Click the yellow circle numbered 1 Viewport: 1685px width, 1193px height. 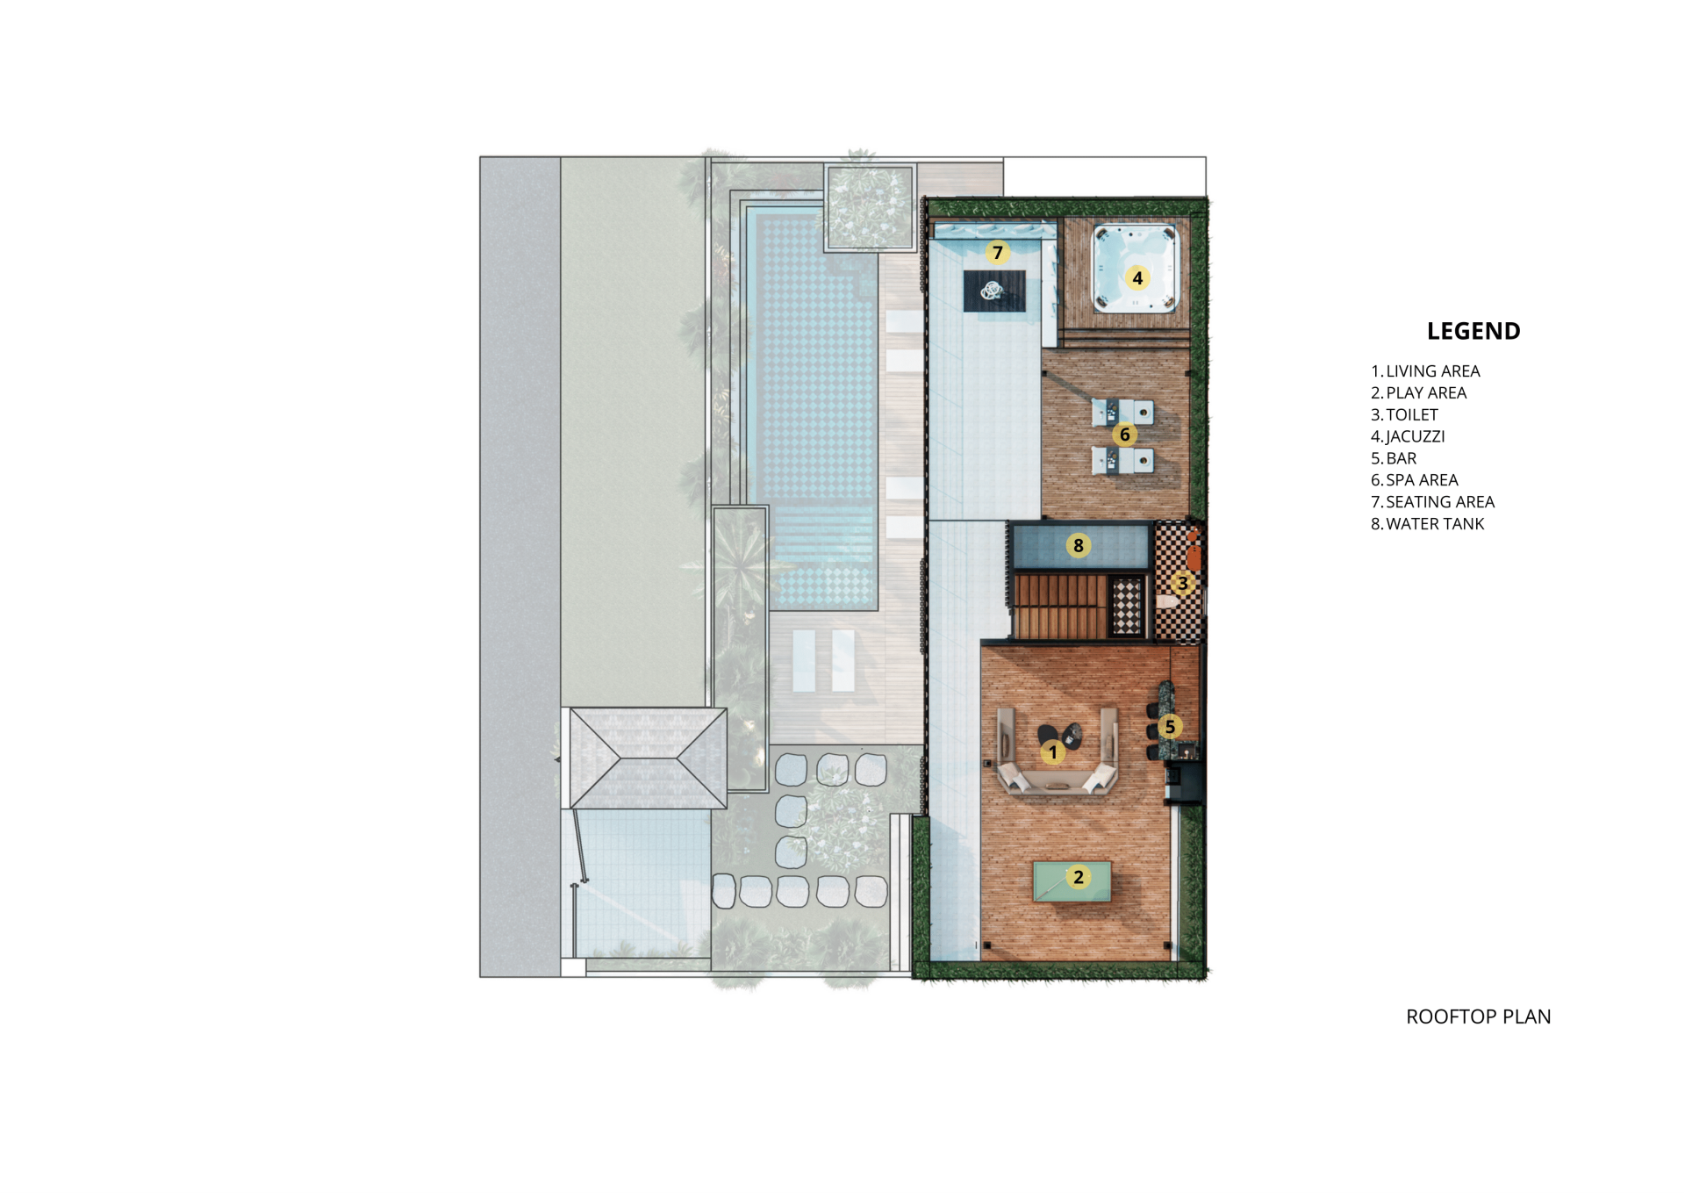[x=1053, y=752]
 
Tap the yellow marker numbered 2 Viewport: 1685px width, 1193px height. [x=1079, y=877]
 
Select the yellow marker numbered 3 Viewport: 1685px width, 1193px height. [x=1183, y=583]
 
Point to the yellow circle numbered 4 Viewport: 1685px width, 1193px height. [x=1137, y=278]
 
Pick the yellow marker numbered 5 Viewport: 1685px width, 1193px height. [x=1170, y=726]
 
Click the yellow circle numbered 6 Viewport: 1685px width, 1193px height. [x=1125, y=435]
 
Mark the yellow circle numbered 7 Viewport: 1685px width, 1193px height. [x=998, y=253]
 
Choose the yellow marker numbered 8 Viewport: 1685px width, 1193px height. [x=1079, y=545]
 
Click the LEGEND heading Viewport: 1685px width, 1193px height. [x=1473, y=331]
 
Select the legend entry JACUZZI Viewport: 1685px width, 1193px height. [x=1408, y=436]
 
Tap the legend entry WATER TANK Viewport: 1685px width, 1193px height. [x=1428, y=524]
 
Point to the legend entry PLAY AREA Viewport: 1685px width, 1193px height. [x=1419, y=393]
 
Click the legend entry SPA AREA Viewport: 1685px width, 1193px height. [x=1415, y=480]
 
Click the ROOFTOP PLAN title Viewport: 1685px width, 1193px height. [x=1479, y=1017]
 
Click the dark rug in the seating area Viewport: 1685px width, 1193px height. [x=994, y=291]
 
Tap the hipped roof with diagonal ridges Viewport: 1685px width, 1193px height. [x=649, y=758]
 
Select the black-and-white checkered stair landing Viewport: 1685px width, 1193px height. [x=1127, y=607]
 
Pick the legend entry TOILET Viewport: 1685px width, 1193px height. [x=1405, y=415]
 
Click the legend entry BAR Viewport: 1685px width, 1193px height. [x=1394, y=458]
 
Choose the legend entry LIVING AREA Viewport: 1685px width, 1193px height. [x=1426, y=371]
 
